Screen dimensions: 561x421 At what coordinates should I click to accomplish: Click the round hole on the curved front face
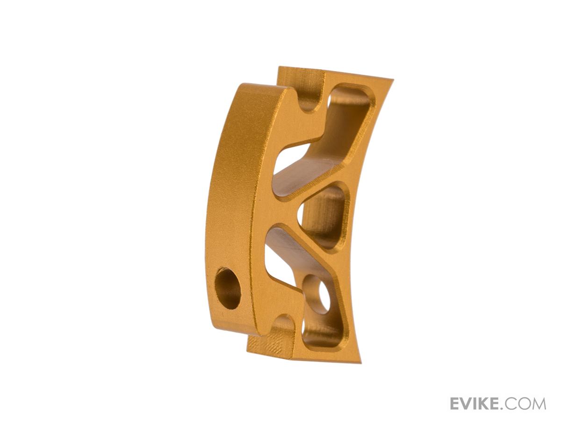[228, 288]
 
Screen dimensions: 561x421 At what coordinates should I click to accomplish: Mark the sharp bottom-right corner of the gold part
[361, 363]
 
